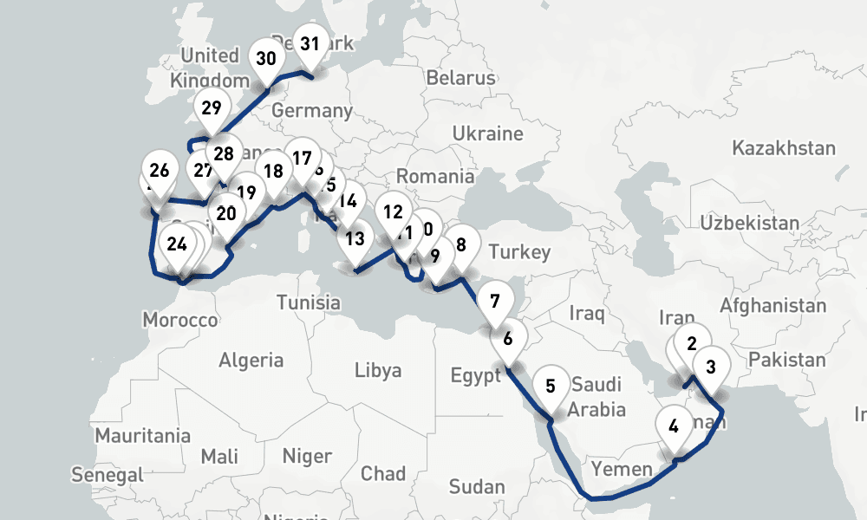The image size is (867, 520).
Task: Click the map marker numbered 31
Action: click(311, 43)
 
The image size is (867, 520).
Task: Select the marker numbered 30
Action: click(266, 60)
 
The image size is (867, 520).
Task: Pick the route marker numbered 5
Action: click(551, 386)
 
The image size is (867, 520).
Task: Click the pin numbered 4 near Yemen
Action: click(674, 426)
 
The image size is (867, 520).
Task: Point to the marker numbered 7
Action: click(494, 303)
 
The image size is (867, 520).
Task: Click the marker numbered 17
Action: click(302, 159)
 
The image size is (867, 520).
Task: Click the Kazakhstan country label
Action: click(784, 148)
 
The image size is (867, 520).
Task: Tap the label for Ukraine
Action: click(487, 134)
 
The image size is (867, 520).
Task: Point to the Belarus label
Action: click(460, 78)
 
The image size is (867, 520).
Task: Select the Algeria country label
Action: click(251, 360)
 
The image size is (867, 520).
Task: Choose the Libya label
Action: click(378, 371)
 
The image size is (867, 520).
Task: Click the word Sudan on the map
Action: click(477, 486)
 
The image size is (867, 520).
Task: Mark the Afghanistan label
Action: click(772, 305)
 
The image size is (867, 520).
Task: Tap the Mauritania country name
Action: click(143, 435)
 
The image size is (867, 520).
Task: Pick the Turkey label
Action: click(518, 252)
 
